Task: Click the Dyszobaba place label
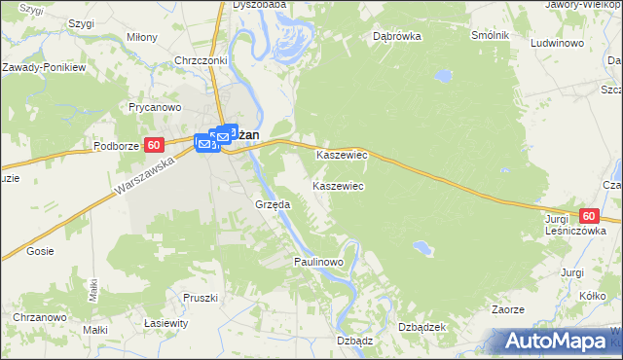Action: (x=259, y=5)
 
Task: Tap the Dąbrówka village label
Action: (x=395, y=37)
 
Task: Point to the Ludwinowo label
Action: (x=557, y=45)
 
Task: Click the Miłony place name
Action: (x=142, y=37)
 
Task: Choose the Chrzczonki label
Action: (x=200, y=60)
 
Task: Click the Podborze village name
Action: (x=118, y=145)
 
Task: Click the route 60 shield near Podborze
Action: (x=154, y=145)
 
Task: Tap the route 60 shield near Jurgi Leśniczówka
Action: (x=587, y=216)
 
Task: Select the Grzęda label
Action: (x=273, y=205)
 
